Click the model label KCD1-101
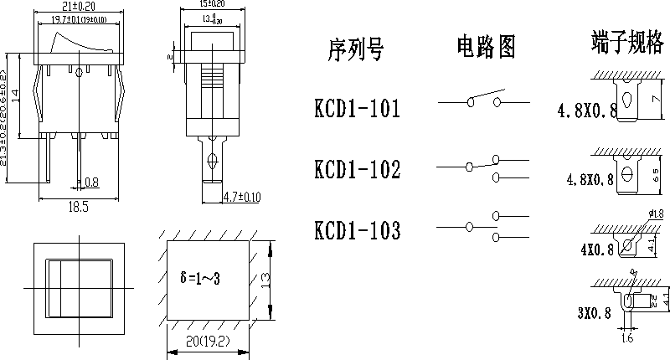point(357,109)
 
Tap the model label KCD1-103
point(357,230)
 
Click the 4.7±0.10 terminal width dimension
point(242,198)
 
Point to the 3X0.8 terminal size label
point(594,313)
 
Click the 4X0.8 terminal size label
point(596,249)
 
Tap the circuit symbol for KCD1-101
point(483,100)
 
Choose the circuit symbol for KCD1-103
point(483,226)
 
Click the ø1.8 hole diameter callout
point(657,214)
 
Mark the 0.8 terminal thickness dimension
point(91,182)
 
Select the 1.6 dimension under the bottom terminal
point(627,340)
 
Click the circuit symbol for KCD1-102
point(483,166)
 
